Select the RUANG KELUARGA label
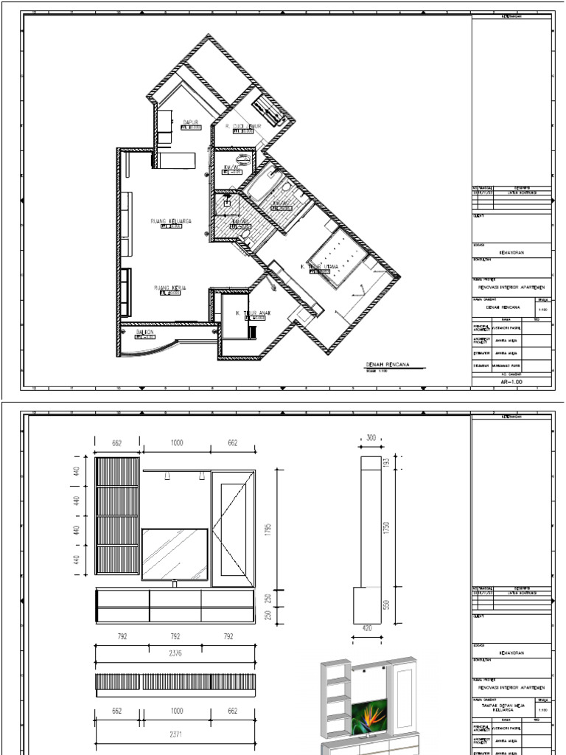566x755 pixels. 171,221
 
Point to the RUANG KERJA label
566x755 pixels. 170,288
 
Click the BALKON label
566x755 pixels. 145,333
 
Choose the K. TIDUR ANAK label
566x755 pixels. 254,313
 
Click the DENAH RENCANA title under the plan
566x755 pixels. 387,365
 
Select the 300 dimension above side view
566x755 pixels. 370,438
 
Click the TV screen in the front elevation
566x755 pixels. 175,554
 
